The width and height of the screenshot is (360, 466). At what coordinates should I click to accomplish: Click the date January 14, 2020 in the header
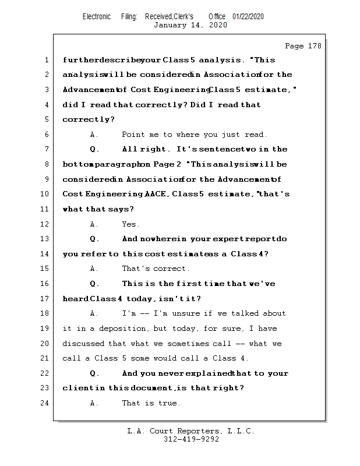(190, 25)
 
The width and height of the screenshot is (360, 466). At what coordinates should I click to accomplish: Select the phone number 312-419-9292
(191, 439)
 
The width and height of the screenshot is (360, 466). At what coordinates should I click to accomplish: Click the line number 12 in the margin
(47, 224)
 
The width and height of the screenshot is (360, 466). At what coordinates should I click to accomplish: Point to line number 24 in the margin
(47, 403)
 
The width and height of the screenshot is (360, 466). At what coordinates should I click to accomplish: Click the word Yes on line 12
(130, 224)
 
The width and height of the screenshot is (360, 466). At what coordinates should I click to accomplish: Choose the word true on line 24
(169, 403)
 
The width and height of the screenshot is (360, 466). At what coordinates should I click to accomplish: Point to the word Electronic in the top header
(97, 16)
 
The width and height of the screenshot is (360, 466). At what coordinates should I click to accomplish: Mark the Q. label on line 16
(95, 284)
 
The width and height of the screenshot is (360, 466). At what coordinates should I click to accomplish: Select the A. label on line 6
(94, 135)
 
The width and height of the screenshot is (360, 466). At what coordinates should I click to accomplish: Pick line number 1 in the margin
(47, 60)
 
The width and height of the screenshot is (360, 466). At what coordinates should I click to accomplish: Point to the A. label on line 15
(94, 269)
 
